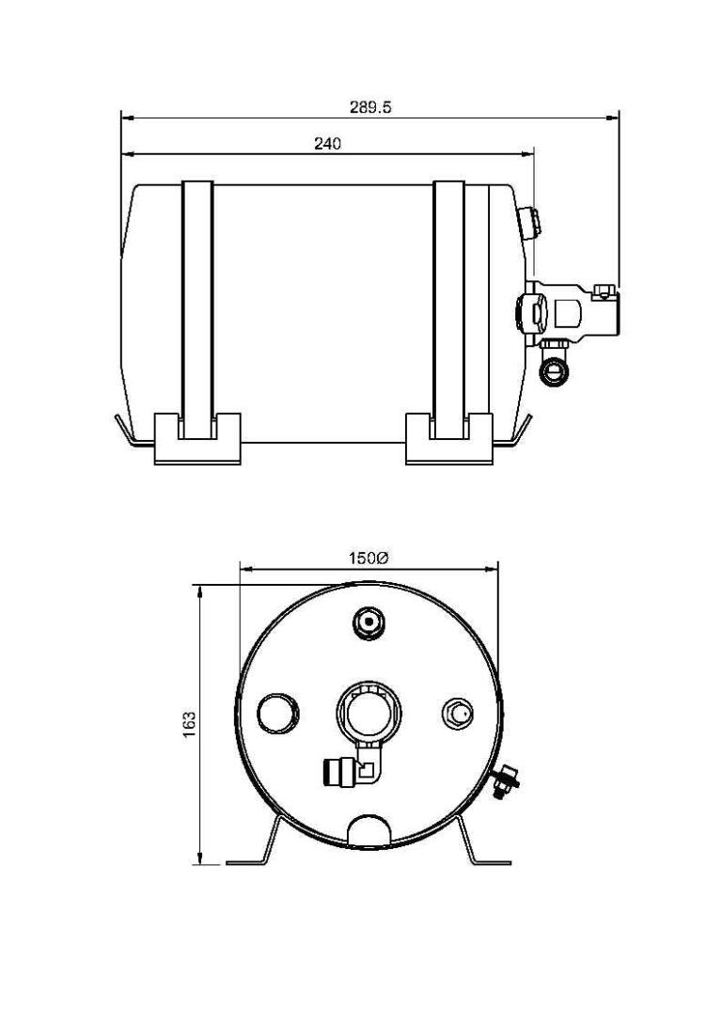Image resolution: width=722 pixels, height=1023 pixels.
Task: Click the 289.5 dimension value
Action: click(x=370, y=107)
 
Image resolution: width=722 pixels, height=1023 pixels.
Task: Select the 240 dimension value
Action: click(x=327, y=144)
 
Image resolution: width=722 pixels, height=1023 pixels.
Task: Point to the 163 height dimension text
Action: click(x=190, y=723)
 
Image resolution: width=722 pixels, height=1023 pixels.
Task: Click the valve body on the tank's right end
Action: click(x=573, y=310)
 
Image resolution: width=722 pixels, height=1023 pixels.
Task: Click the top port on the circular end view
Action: click(x=368, y=621)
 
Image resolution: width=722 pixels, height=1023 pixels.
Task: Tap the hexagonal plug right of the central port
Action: click(x=458, y=712)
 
